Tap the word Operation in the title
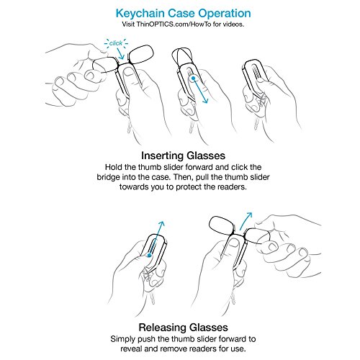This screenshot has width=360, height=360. tap(225, 14)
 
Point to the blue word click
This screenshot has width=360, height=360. tap(116, 43)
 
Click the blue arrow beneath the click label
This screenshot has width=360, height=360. tap(120, 53)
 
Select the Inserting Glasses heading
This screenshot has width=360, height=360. tap(183, 156)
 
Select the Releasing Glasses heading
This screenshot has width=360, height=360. tap(183, 328)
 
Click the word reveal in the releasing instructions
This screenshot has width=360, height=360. tap(132, 348)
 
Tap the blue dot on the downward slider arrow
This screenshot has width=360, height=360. tap(193, 78)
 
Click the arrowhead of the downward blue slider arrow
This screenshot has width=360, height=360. tap(204, 100)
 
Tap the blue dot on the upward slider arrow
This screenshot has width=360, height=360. tap(149, 256)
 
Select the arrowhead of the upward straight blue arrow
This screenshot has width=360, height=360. tap(161, 224)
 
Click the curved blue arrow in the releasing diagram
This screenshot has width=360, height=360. tap(246, 220)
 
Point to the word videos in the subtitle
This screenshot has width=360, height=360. tap(233, 24)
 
